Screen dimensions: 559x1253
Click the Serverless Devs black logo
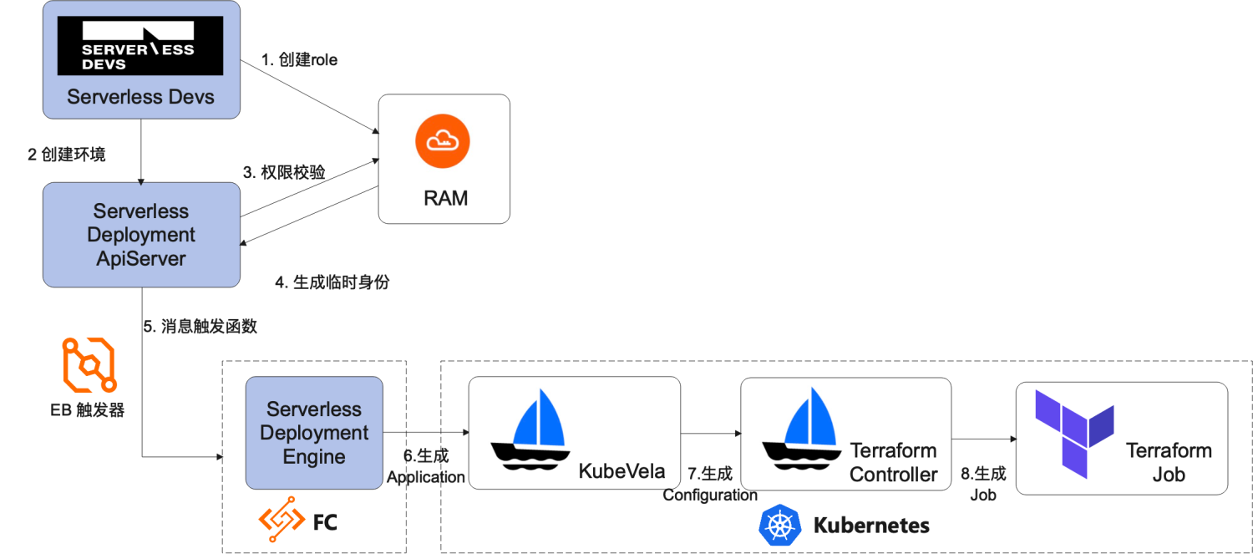140,47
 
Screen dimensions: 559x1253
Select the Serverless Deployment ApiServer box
141,235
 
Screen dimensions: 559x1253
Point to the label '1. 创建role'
299,60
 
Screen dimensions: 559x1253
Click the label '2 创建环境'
67,155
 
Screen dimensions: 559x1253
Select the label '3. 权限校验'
284,172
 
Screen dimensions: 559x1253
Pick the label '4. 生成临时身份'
332,282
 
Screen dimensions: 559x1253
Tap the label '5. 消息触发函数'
200,327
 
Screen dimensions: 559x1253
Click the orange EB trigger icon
88,365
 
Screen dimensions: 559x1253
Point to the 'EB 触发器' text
88,410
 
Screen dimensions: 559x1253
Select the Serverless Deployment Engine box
314,433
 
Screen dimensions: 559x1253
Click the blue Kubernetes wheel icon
779,525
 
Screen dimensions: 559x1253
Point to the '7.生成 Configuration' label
710,485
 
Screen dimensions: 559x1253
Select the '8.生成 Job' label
983,484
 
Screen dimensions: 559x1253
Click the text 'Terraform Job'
1168,462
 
